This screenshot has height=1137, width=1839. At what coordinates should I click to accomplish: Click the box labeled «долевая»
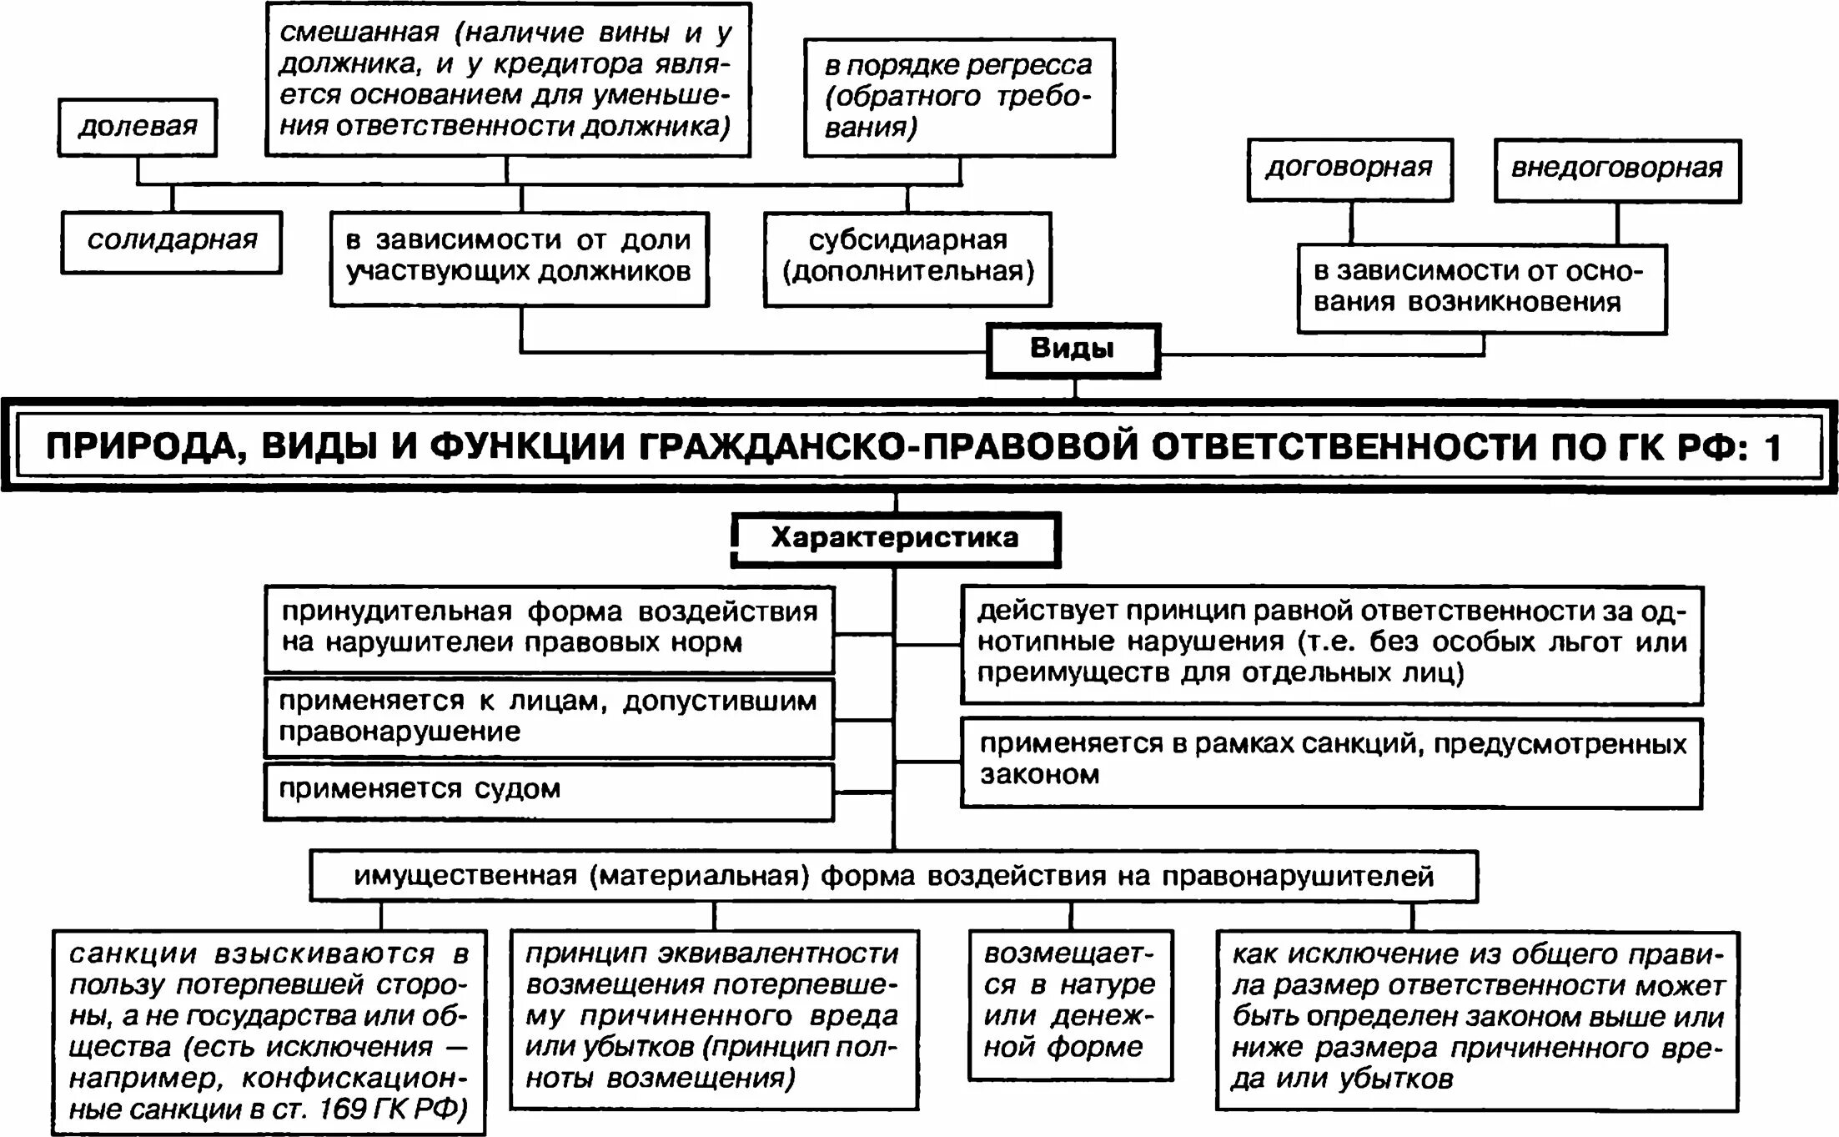point(138,128)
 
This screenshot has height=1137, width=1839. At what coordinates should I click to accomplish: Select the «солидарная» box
point(172,242)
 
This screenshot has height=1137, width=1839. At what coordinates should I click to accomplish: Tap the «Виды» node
point(1073,350)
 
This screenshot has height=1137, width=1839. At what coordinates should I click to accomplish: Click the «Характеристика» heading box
point(895,539)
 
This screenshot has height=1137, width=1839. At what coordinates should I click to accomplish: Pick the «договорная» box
point(1349,169)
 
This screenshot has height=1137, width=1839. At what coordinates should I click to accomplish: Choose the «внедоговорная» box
point(1616,169)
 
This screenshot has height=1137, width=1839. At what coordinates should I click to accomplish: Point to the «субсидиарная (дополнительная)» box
point(907,258)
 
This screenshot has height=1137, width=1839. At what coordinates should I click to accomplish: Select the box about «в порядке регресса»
point(959,97)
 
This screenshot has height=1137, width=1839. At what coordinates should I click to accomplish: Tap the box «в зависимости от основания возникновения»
point(1481,288)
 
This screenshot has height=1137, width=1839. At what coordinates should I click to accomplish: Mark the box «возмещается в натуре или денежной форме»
point(1071,1002)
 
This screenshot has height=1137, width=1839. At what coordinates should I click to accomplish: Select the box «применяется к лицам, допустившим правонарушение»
point(548,717)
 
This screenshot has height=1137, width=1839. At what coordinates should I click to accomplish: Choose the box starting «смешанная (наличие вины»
point(507,80)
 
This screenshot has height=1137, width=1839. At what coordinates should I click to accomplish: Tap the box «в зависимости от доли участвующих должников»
point(519,258)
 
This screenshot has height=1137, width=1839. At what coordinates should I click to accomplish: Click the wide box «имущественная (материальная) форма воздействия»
point(893,877)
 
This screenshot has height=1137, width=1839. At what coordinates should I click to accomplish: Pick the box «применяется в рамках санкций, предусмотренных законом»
point(1331,761)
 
